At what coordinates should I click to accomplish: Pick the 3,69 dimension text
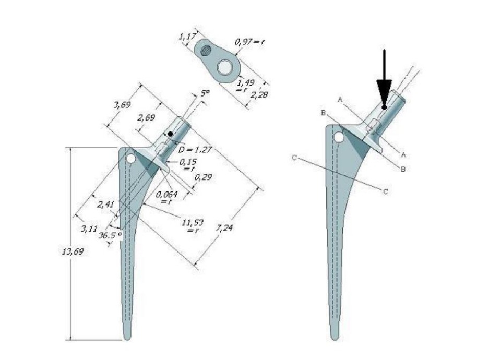point(122,105)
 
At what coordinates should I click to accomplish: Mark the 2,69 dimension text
point(146,118)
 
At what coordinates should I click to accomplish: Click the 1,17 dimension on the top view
point(186,37)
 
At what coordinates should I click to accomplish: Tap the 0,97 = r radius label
point(249,41)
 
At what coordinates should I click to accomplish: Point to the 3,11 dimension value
point(89,229)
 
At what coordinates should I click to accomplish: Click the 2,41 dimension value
point(105,205)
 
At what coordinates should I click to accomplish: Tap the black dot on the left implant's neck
point(170,134)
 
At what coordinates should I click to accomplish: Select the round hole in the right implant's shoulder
point(340,138)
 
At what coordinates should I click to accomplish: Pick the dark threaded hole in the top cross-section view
point(205,51)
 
